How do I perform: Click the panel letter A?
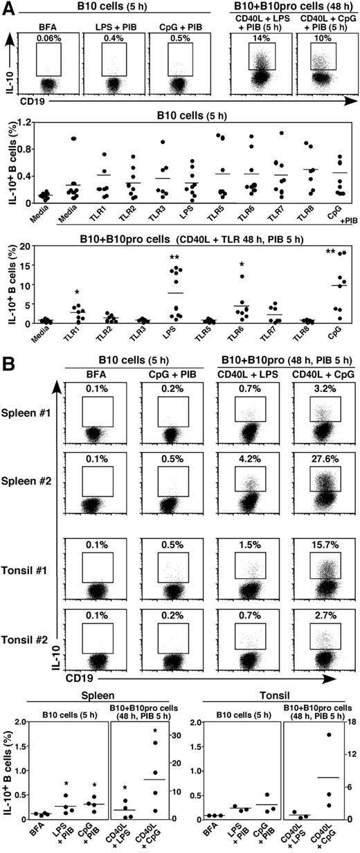point(6,7)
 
